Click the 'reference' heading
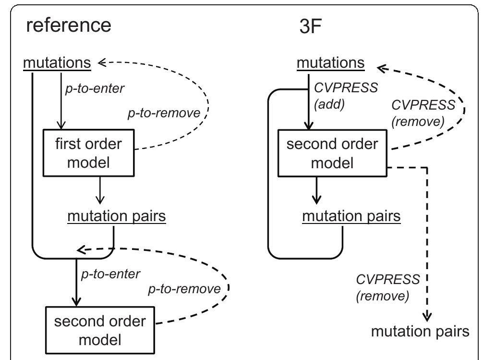coord(68,25)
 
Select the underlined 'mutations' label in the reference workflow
coord(57,62)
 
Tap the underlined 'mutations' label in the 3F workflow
coord(330,62)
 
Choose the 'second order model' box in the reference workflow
coord(99,330)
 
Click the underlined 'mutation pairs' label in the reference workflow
coord(117,216)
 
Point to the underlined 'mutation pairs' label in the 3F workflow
coord(351,216)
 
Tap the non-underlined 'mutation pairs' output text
coord(421,331)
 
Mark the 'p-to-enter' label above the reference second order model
coord(110,274)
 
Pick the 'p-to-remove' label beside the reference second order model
coord(184,289)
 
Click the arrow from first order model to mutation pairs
coord(99,190)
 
